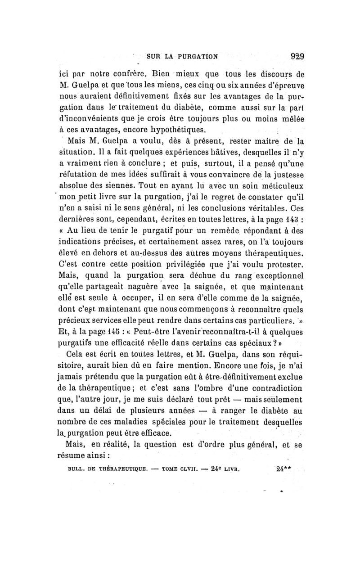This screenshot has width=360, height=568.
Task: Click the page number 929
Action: (297, 57)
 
